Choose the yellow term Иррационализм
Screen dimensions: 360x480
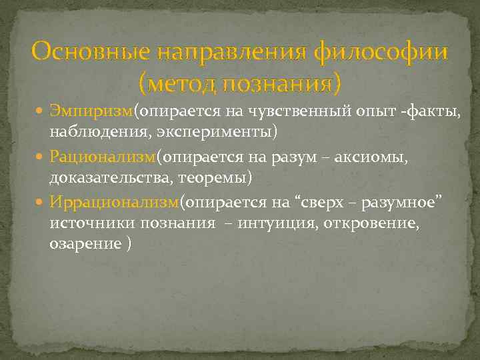[x=114, y=201]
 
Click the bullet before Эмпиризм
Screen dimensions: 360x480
[x=41, y=110]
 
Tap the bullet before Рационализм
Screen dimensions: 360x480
[x=41, y=156]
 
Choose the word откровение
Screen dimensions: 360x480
[x=371, y=223]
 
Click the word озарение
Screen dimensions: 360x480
[x=84, y=244]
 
